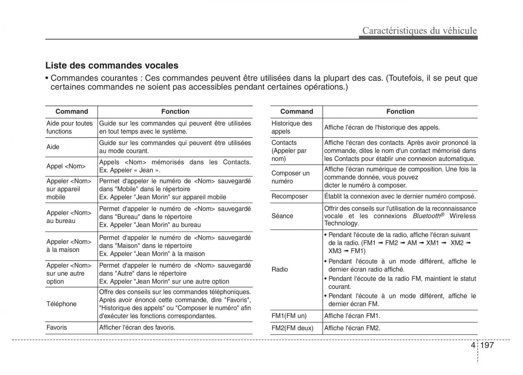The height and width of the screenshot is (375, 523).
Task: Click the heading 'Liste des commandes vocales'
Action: (112, 66)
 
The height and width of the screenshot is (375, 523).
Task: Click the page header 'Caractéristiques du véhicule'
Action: (420, 30)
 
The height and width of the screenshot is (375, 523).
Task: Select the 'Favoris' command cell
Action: (57, 327)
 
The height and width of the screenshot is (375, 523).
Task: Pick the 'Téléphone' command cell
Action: (61, 304)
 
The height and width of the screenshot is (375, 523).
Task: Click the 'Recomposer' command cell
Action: (289, 196)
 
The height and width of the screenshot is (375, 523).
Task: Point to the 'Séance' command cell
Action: (282, 216)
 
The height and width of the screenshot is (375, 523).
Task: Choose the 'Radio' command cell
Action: (280, 269)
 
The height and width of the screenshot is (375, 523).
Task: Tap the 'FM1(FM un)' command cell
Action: (289, 316)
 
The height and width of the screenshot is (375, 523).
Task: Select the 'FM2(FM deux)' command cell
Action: (292, 328)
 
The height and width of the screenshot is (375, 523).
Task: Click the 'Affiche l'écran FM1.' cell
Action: (353, 316)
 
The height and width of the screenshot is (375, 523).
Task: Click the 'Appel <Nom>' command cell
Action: (66, 166)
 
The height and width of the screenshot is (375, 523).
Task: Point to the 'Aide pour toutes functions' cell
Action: (70, 127)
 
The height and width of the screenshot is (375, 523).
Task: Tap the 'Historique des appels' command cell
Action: (292, 127)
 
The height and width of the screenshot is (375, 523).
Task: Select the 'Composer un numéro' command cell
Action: (290, 177)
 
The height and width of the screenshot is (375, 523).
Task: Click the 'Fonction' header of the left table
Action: (175, 111)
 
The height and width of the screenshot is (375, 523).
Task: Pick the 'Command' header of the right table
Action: (297, 111)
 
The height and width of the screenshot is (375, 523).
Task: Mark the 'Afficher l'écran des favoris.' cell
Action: (137, 327)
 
